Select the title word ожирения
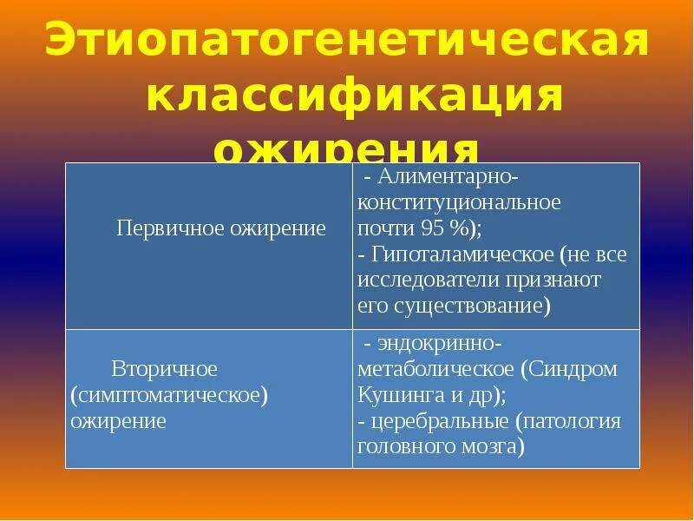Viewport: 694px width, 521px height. (347, 149)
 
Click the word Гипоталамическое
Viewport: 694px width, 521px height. (463, 254)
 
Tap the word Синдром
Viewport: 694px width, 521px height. (573, 369)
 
